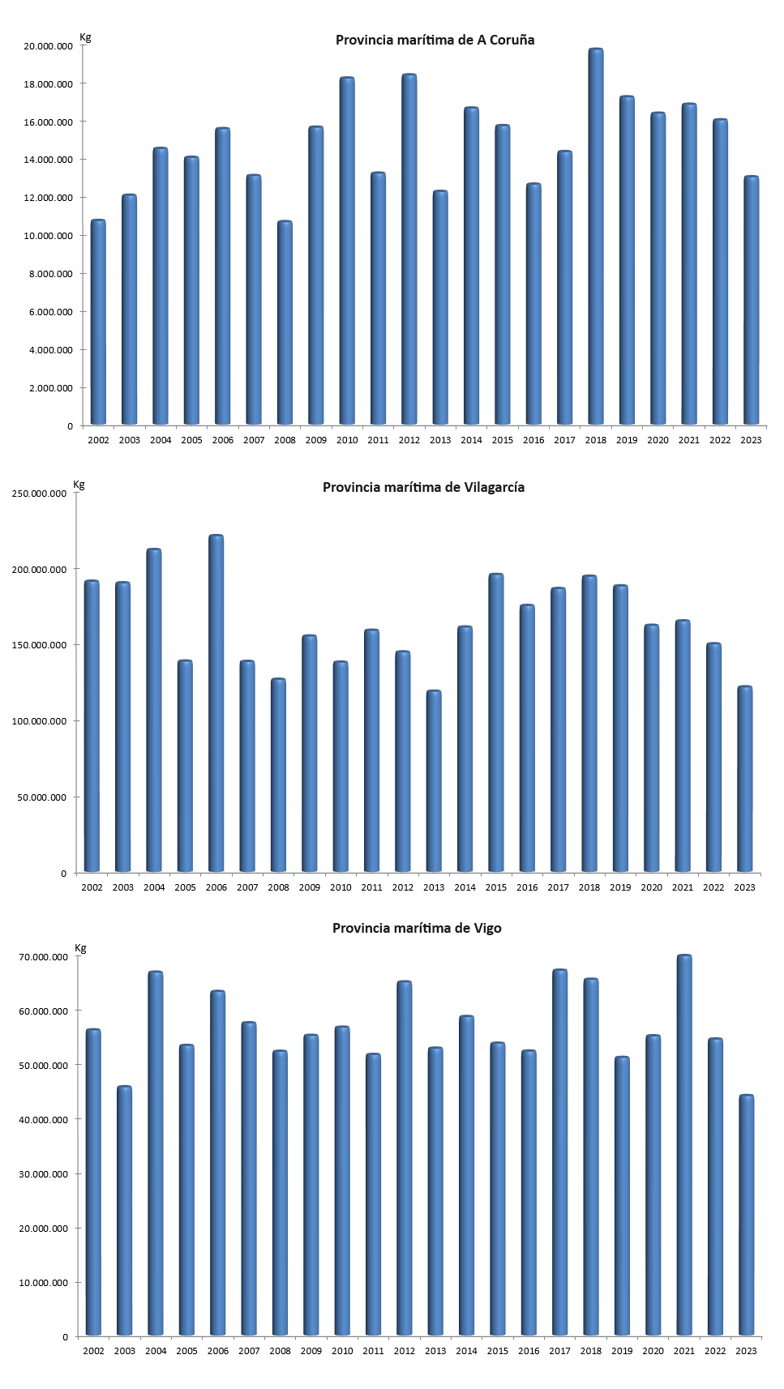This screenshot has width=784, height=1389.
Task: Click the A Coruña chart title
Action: pyautogui.click(x=435, y=40)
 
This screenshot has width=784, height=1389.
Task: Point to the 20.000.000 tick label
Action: pyautogui.click(x=49, y=46)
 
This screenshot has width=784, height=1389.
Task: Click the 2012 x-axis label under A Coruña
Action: pyautogui.click(x=409, y=440)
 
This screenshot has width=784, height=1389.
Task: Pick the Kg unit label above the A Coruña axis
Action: pyautogui.click(x=85, y=37)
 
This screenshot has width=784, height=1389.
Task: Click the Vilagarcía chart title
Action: pyautogui.click(x=423, y=487)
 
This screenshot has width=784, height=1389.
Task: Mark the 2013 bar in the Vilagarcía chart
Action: pyautogui.click(x=434, y=781)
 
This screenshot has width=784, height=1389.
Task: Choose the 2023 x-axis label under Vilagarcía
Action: pyautogui.click(x=744, y=887)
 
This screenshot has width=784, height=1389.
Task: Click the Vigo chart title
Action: pyautogui.click(x=417, y=928)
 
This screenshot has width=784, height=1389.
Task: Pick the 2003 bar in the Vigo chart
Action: pyautogui.click(x=125, y=1211)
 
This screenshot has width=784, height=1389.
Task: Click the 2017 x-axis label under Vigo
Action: pyautogui.click(x=559, y=1351)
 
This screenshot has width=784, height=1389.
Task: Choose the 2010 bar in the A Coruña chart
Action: pyautogui.click(x=347, y=251)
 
